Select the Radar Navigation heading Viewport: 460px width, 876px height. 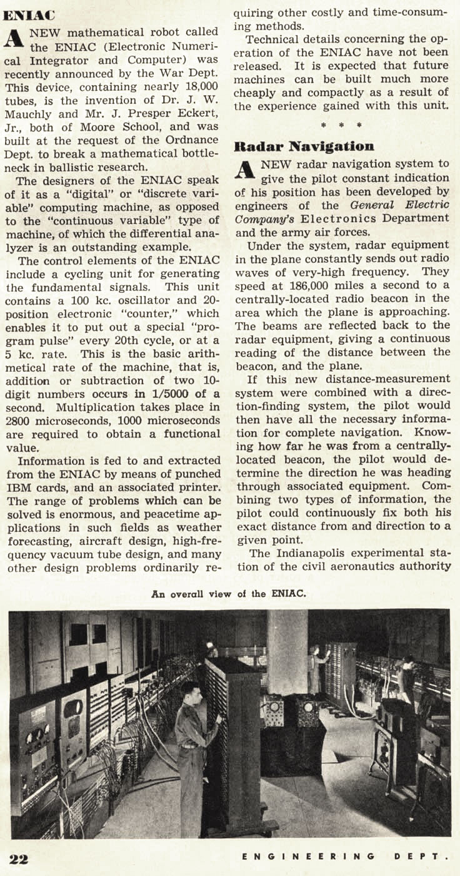(x=304, y=147)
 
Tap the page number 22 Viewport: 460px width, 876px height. (x=19, y=858)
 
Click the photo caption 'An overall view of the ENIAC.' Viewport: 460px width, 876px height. (x=229, y=594)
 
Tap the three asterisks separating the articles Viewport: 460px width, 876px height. (x=341, y=125)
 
